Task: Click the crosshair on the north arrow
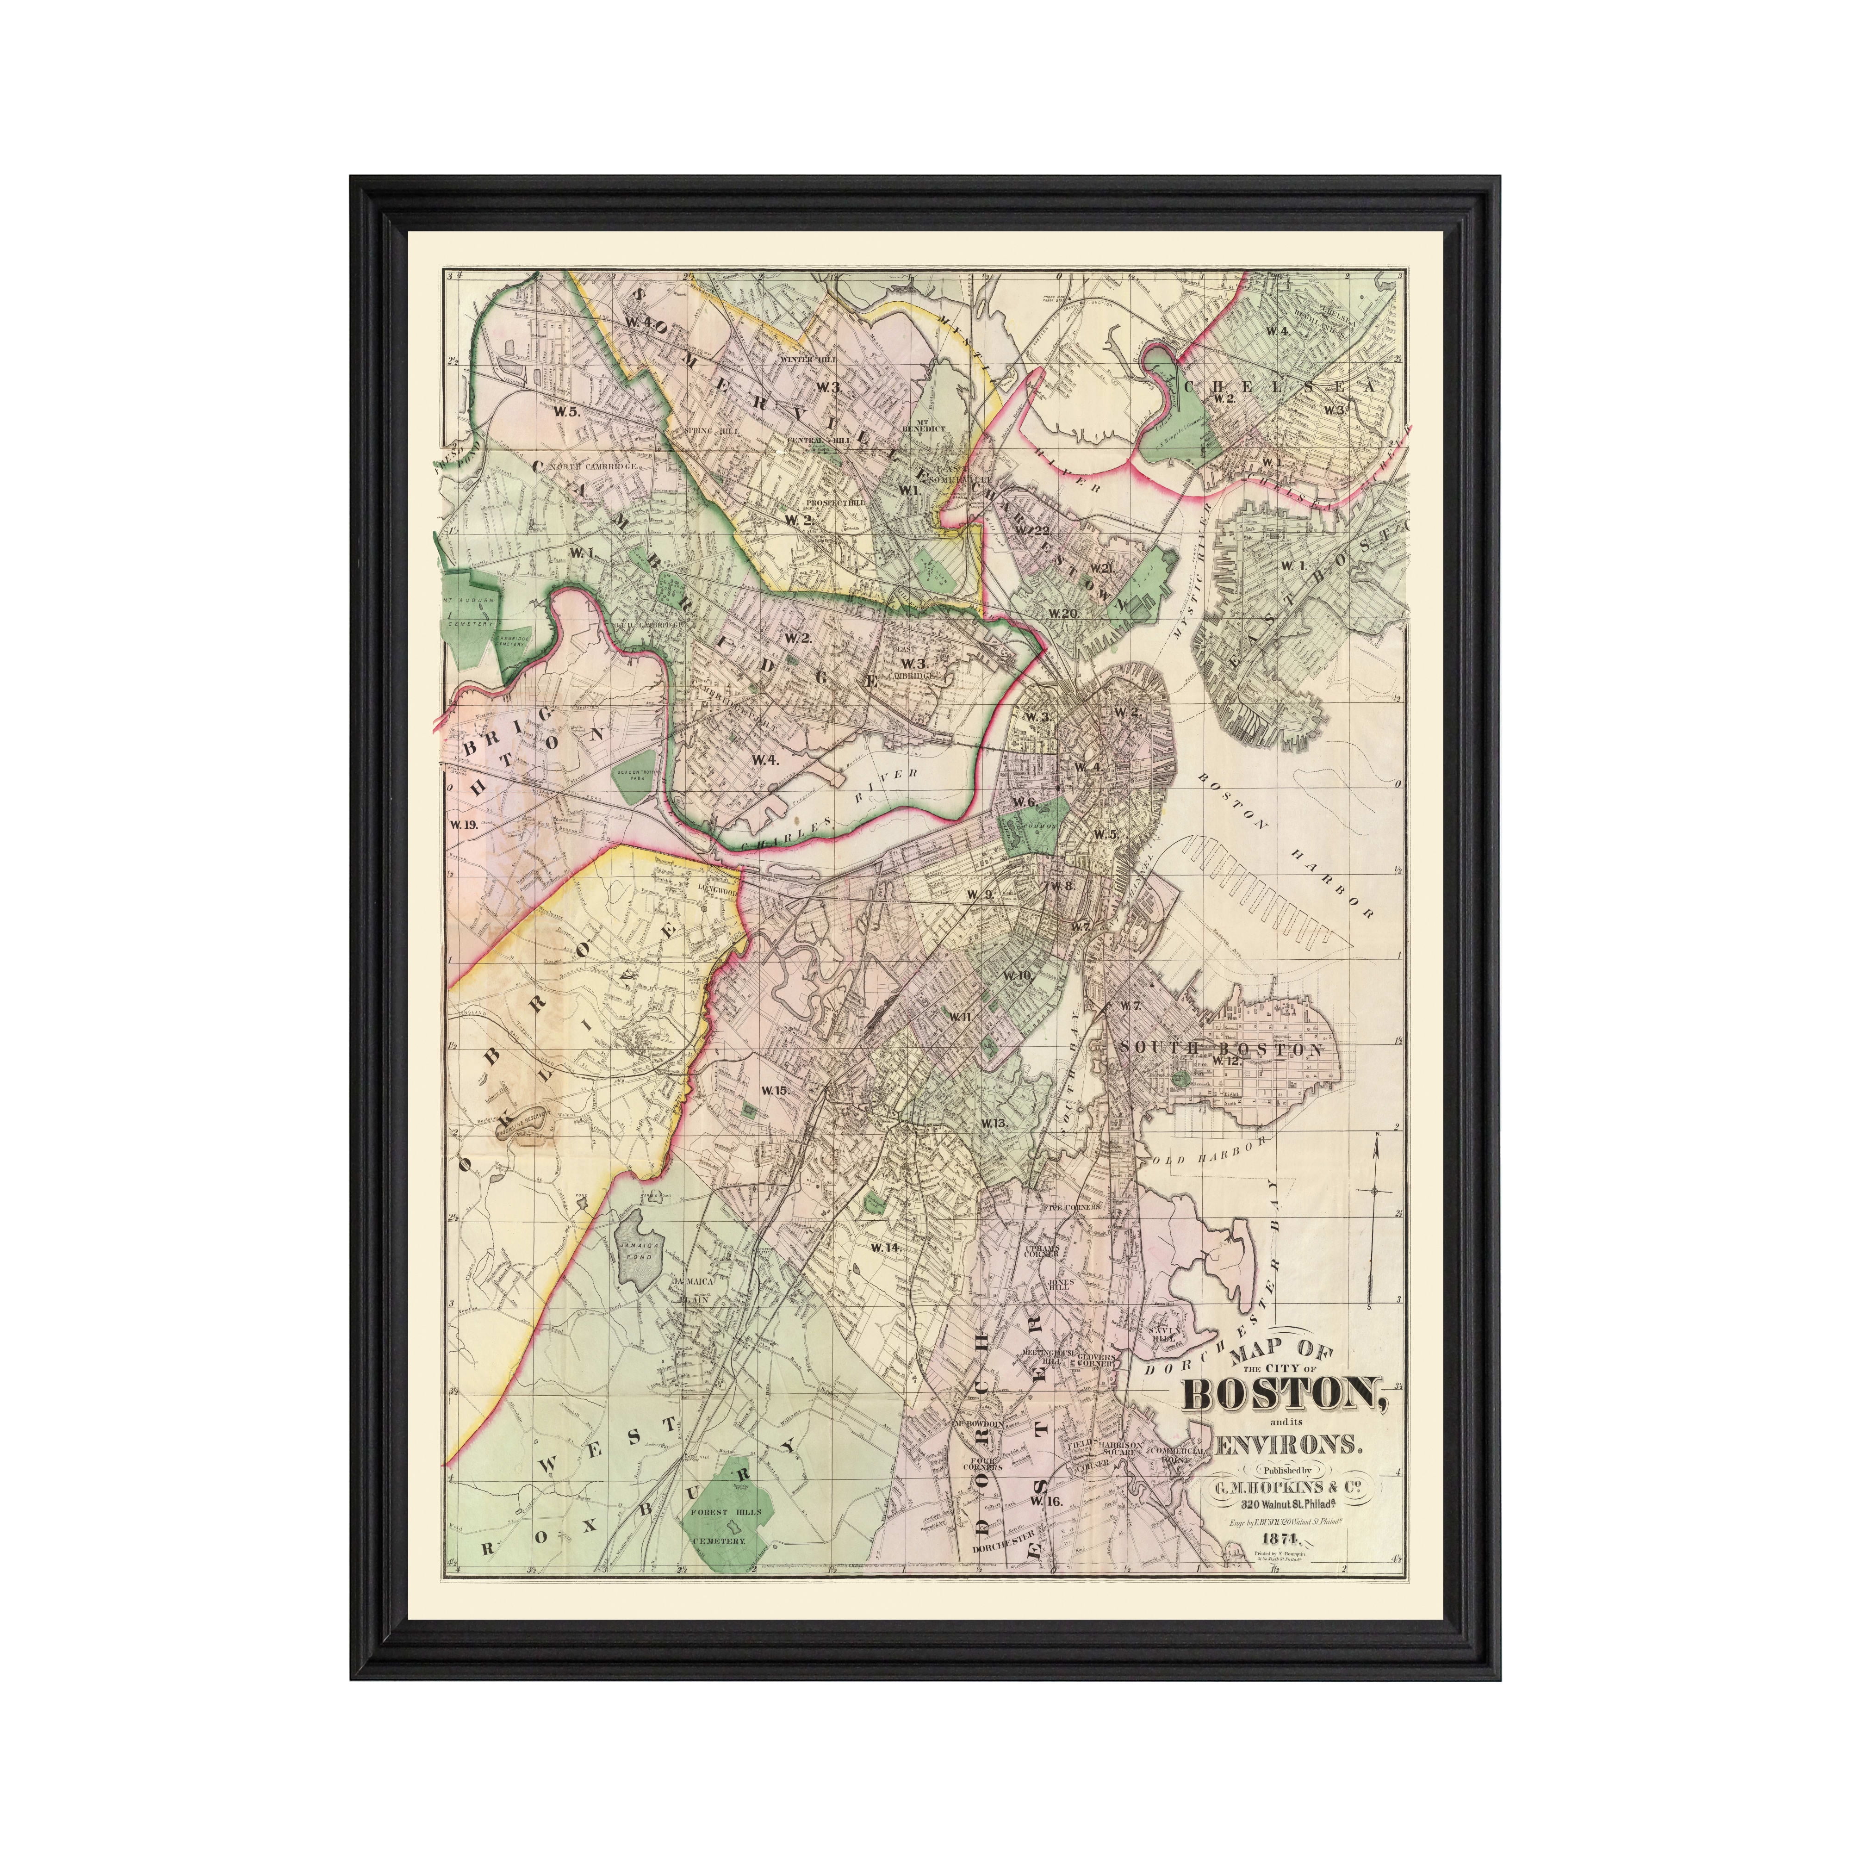coord(1375,1191)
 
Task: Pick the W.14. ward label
coord(886,1248)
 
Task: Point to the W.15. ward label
coord(774,1090)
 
